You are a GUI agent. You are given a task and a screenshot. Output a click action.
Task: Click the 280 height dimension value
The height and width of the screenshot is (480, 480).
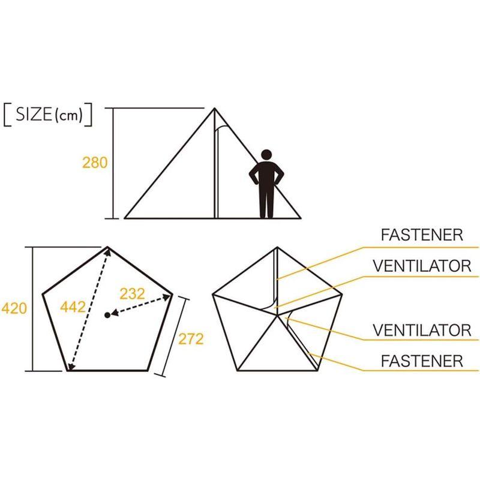point(95,163)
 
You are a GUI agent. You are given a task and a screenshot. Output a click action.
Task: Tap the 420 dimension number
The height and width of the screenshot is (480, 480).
point(14,308)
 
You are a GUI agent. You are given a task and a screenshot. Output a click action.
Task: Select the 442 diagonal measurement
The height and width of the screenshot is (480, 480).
point(73,307)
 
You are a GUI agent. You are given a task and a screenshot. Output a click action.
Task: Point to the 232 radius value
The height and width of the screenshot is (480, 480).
point(132,294)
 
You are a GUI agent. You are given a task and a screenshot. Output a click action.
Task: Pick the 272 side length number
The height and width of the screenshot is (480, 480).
point(191,339)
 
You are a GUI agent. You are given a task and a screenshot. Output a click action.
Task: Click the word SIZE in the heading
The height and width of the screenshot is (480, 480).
point(34,114)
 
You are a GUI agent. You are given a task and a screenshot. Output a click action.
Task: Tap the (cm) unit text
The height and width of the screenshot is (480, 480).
point(69,115)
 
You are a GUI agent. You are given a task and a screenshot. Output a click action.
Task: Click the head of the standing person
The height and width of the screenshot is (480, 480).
point(266,155)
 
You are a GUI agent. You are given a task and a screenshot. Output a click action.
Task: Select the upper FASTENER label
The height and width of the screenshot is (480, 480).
point(422,235)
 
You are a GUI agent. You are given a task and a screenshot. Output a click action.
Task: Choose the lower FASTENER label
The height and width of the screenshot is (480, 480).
point(422,361)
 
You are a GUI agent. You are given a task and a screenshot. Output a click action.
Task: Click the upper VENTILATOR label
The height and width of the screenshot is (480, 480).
point(422,266)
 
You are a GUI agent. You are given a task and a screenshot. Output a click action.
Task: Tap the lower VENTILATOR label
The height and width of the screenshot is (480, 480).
point(422,330)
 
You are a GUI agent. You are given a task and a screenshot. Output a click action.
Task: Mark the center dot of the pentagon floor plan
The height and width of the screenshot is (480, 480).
point(107,315)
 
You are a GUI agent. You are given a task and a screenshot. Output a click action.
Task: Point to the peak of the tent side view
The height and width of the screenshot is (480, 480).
point(214,108)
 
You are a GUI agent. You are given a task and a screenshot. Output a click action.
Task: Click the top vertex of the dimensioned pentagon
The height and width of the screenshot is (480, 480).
point(107,247)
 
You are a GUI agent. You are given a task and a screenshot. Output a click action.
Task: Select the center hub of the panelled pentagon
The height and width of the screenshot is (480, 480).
point(277,315)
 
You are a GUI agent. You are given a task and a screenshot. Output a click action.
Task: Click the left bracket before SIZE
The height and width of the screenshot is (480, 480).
point(7,115)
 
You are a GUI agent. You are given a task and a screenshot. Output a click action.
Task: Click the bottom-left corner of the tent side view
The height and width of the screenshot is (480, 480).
point(125,218)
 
